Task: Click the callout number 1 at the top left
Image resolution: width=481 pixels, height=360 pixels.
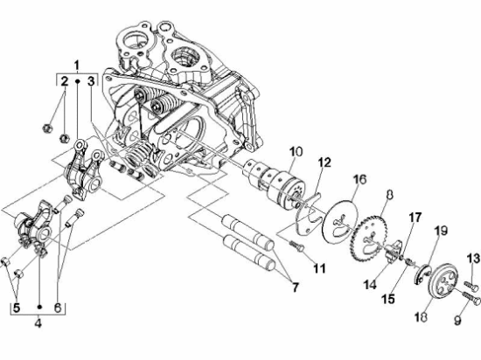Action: tap(77, 66)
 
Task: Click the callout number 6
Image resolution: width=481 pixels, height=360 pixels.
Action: tap(59, 307)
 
